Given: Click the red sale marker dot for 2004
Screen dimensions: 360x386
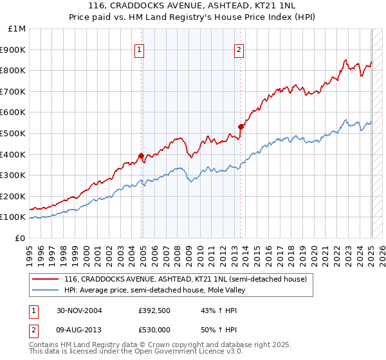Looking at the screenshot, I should [x=142, y=156].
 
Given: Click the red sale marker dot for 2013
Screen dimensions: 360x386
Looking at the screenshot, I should [x=241, y=127].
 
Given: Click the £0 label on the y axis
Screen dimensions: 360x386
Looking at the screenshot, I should [x=20, y=238].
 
